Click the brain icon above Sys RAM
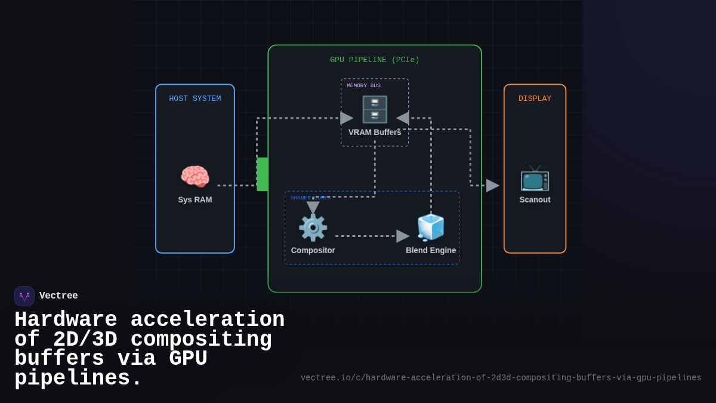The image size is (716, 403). [x=195, y=177]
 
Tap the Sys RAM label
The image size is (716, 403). [x=195, y=199]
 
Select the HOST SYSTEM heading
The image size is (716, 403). [x=195, y=99]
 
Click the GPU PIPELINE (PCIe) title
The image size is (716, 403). [x=375, y=60]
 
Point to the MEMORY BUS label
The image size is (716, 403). [x=363, y=85]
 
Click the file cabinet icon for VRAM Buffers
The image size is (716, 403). [x=375, y=109]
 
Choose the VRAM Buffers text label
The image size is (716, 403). [x=375, y=132]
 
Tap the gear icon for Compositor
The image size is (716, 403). [x=313, y=227]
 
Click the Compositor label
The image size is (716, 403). [x=313, y=250]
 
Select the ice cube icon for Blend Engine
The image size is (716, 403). [x=431, y=227]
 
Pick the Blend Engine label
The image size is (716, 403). [x=431, y=250]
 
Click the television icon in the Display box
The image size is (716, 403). [x=535, y=178]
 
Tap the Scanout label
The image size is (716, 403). [x=535, y=199]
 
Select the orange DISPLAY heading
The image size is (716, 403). [x=535, y=99]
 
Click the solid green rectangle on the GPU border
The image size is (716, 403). [x=263, y=174]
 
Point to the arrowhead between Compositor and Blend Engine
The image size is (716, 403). [x=403, y=236]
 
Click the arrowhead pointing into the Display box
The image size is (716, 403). [x=492, y=186]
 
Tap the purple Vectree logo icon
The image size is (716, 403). [x=24, y=296]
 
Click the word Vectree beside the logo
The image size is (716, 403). [x=58, y=296]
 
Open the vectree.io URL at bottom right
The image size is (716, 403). [x=501, y=378]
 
